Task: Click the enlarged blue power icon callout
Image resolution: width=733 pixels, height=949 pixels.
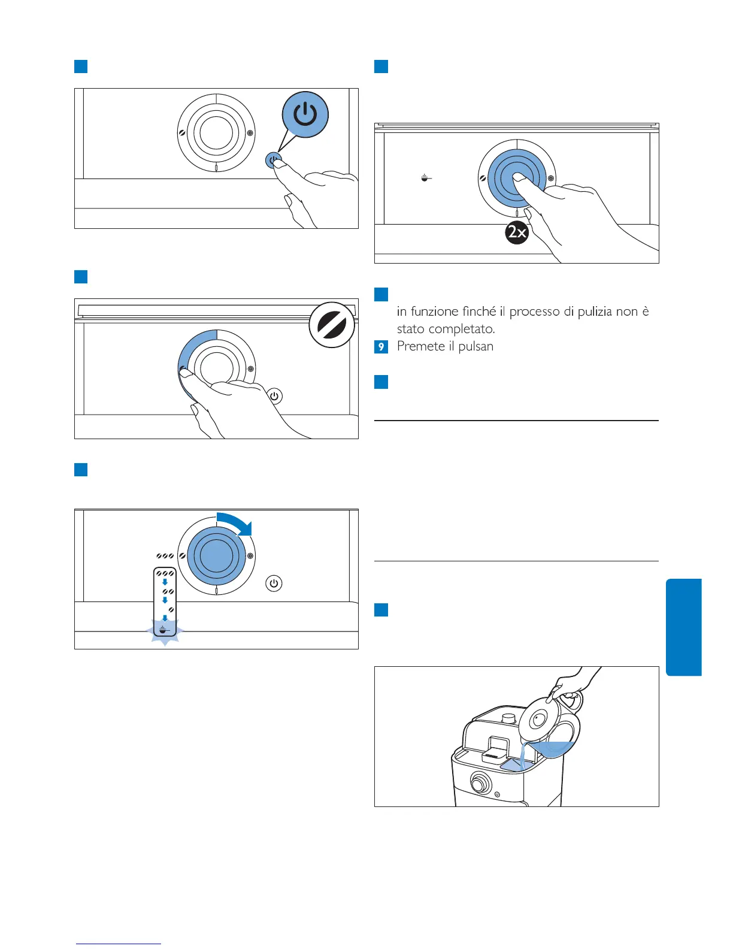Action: tap(305, 114)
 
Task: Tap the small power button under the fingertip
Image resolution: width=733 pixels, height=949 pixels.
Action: tap(273, 161)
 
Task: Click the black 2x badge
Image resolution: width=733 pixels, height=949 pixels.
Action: tap(517, 232)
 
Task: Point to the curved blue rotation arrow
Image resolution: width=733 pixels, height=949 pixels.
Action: tap(236, 522)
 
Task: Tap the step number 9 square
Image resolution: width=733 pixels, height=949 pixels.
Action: tap(381, 346)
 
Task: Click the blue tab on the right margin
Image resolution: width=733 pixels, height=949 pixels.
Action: tap(683, 627)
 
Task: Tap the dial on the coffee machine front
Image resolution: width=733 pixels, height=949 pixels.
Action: tap(480, 782)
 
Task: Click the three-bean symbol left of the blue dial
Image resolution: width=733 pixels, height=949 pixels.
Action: tap(165, 556)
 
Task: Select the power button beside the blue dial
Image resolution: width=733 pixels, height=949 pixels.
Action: tap(274, 583)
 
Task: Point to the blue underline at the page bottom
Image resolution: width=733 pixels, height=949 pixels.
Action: tap(119, 944)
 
